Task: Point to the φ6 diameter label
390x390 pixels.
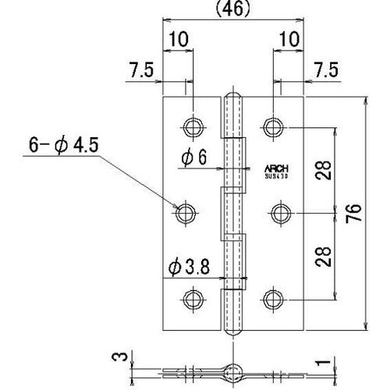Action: coord(194,158)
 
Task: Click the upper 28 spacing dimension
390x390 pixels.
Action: coord(324,169)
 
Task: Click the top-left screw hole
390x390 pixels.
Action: coord(191,126)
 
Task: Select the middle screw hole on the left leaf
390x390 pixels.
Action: coord(185,212)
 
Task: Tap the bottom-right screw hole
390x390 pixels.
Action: coord(271,298)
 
